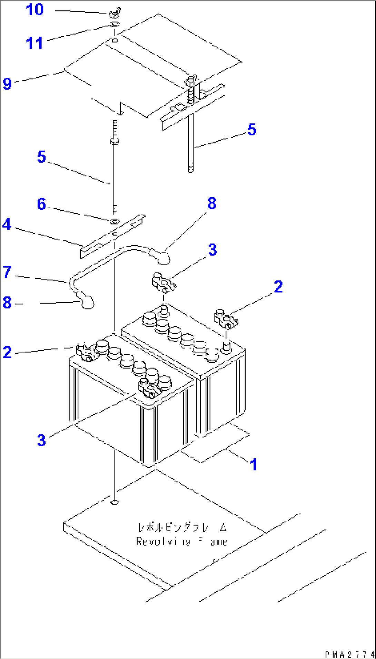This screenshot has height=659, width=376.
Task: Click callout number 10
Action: pyautogui.click(x=35, y=10)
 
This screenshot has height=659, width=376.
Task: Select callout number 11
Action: pyautogui.click(x=34, y=43)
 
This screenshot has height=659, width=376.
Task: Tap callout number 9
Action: pyautogui.click(x=7, y=84)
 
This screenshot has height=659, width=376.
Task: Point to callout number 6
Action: pyautogui.click(x=41, y=204)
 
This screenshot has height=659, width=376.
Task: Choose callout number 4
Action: pyautogui.click(x=7, y=225)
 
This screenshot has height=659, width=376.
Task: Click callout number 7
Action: pyautogui.click(x=7, y=272)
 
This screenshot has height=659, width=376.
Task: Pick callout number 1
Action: pyautogui.click(x=254, y=465)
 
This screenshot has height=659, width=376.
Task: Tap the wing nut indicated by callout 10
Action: pyautogui.click(x=114, y=14)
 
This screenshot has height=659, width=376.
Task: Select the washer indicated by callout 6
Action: pyautogui.click(x=115, y=221)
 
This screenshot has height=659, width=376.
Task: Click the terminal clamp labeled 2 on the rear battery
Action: pyautogui.click(x=226, y=319)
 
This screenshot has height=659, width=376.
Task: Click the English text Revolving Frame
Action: pyautogui.click(x=181, y=541)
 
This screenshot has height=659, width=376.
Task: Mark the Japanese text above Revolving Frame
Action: pyautogui.click(x=182, y=527)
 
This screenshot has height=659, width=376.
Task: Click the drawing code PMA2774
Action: pyautogui.click(x=349, y=654)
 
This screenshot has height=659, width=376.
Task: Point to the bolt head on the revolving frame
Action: pyautogui.click(x=114, y=502)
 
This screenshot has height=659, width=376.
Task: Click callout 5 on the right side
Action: pyautogui.click(x=252, y=130)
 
